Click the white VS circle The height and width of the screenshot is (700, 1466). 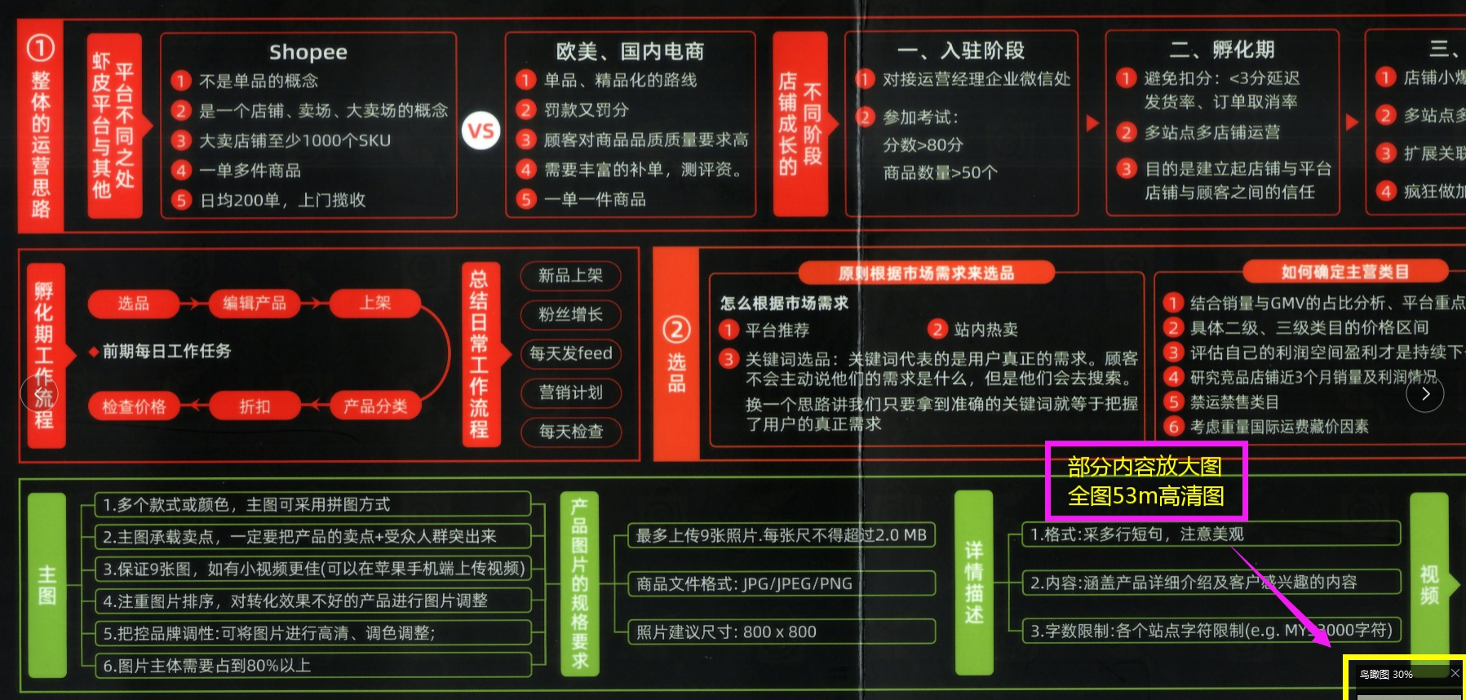click(x=481, y=131)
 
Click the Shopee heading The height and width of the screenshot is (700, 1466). click(x=308, y=52)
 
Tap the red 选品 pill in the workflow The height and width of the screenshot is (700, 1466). click(x=133, y=303)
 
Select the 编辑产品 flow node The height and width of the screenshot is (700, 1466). click(x=255, y=303)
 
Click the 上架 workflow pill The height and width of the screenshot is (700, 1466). click(x=375, y=303)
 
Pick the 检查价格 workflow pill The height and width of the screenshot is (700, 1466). click(x=134, y=406)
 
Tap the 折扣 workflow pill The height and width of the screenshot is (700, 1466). click(x=255, y=406)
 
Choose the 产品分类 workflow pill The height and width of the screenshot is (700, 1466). click(x=375, y=406)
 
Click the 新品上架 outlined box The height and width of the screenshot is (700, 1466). click(x=570, y=276)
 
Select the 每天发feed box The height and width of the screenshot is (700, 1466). click(x=570, y=353)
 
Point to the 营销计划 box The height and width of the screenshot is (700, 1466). click(x=570, y=392)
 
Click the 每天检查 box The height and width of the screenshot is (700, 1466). click(x=570, y=432)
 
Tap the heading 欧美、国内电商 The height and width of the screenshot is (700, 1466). click(x=630, y=51)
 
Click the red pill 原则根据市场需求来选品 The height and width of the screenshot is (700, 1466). click(x=926, y=272)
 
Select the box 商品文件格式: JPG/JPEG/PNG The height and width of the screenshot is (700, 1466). click(x=782, y=583)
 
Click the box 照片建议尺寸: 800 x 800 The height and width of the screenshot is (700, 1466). click(x=782, y=631)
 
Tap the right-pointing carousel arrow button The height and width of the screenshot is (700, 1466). click(x=1425, y=394)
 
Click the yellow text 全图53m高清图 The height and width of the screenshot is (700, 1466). click(x=1146, y=496)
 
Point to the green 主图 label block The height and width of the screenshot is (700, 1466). click(x=47, y=584)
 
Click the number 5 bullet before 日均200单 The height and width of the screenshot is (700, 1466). click(x=181, y=200)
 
